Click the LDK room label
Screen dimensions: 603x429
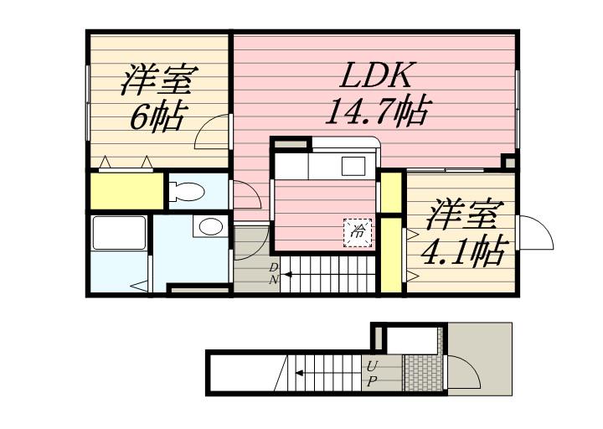[376, 75]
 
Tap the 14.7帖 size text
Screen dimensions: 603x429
[379, 111]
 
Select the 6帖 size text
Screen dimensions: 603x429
[159, 116]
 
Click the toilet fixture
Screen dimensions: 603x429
[186, 191]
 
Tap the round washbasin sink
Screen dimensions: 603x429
[210, 226]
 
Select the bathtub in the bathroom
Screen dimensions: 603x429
[120, 234]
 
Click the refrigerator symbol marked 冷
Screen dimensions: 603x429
[358, 232]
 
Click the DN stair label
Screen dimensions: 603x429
[273, 273]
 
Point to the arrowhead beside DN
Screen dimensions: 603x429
[287, 274]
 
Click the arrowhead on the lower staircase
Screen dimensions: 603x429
[298, 372]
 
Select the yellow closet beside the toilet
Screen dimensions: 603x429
[127, 191]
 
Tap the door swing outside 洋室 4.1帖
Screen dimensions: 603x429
[537, 232]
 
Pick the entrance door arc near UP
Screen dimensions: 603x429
[462, 372]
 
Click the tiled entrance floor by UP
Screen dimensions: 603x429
[422, 372]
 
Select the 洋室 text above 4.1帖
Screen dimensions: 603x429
[466, 215]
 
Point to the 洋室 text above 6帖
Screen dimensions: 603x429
[159, 80]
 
